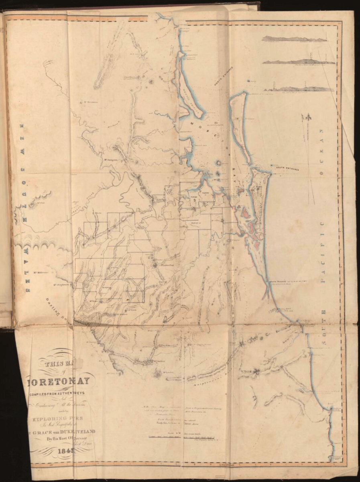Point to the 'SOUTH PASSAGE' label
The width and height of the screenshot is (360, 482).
277,282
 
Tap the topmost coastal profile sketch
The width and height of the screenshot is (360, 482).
297,39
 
